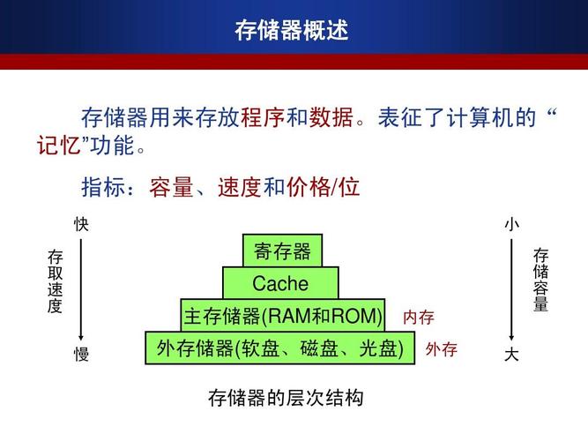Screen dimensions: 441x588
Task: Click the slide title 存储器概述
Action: coord(292,30)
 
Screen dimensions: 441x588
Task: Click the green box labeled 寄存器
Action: coord(282,251)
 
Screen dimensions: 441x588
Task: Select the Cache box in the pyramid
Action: coord(280,284)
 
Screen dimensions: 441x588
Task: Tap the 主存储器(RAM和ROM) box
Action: coord(283,317)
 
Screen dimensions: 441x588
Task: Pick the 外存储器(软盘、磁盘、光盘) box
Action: coord(279,349)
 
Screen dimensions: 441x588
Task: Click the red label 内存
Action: coord(419,318)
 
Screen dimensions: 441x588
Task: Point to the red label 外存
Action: coord(441,350)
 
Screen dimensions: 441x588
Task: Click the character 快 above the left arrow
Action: coord(81,225)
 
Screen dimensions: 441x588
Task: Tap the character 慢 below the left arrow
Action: coord(81,355)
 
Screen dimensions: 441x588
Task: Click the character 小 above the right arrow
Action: coord(511,225)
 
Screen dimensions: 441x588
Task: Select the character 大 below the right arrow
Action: coord(511,355)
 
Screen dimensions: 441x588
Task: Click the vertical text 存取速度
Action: coord(56,282)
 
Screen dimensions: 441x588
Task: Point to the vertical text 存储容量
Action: coord(540,280)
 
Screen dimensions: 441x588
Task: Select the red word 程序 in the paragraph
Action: coord(263,117)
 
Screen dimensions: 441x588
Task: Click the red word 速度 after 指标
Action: coord(240,187)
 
